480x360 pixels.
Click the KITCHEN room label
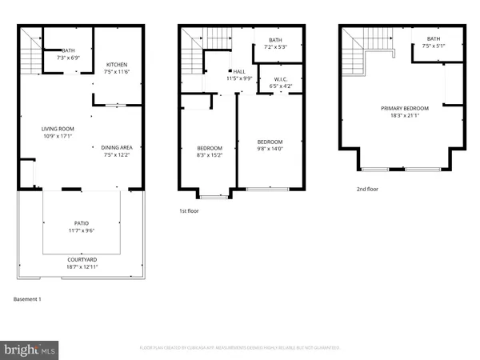coord(115,65)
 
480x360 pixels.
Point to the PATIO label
coord(82,223)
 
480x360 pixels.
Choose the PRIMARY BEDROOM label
coord(404,108)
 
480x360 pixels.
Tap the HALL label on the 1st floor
coord(239,71)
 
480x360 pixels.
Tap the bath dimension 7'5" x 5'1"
coord(433,45)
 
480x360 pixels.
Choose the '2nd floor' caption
coord(368,190)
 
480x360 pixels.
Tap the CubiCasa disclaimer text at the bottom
coord(240,348)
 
